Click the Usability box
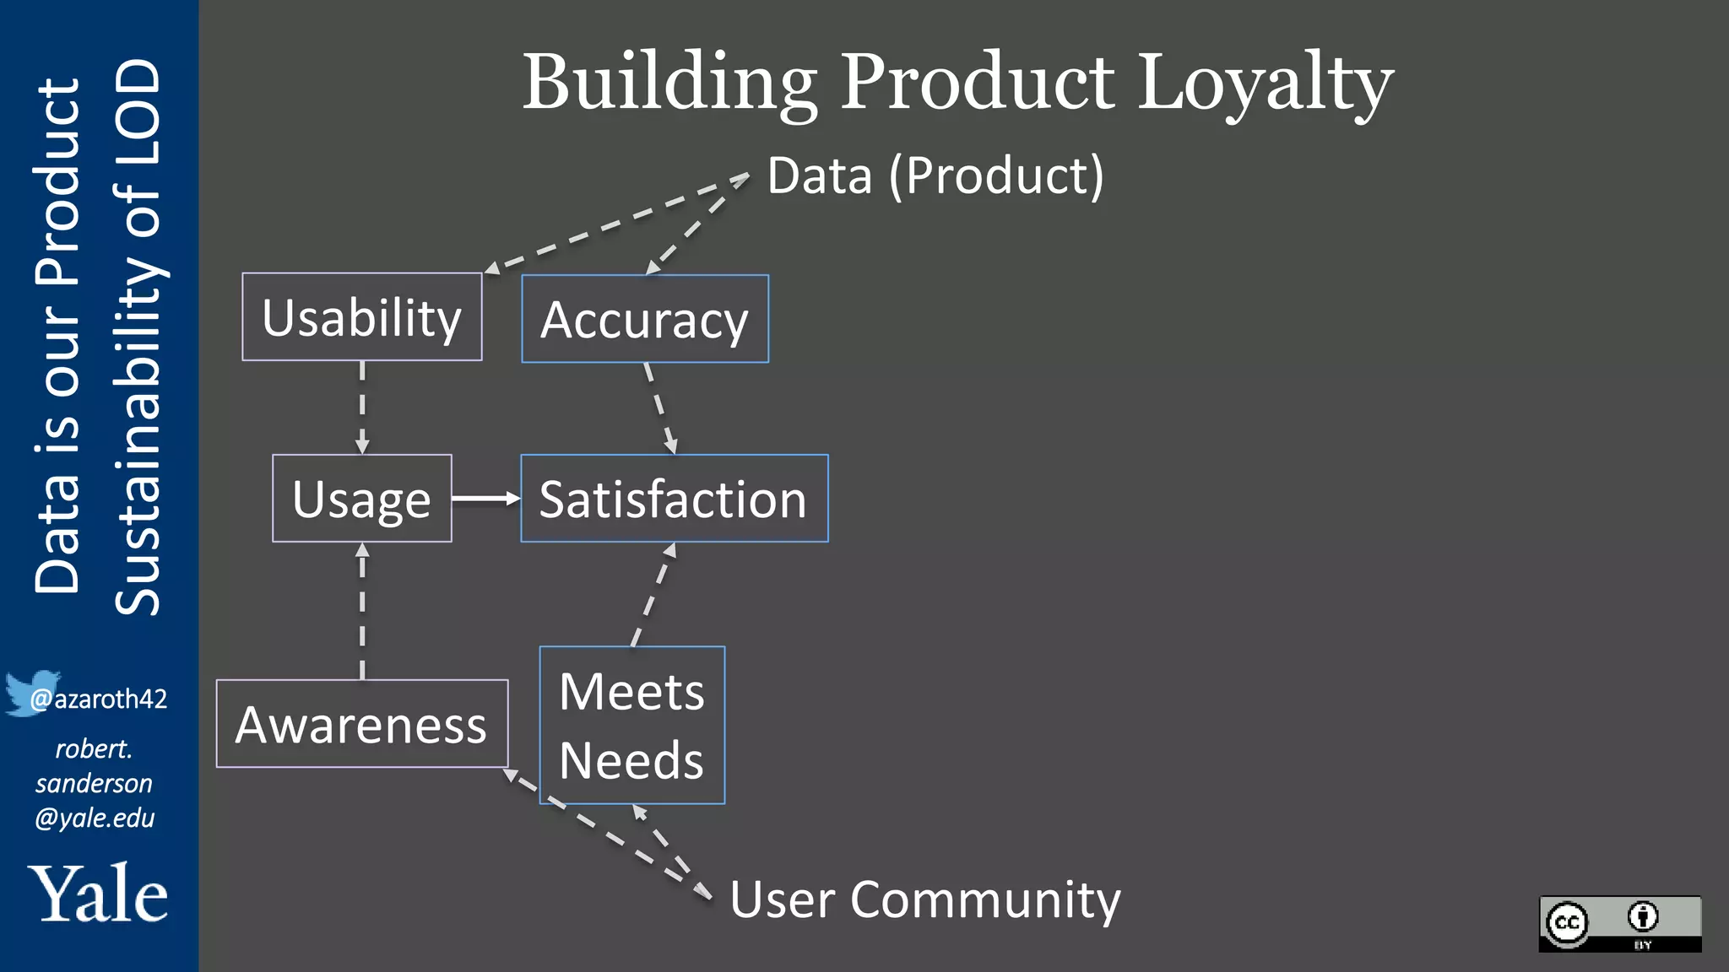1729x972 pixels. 361,317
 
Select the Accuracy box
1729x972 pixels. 645,319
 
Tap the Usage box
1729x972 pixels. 361,499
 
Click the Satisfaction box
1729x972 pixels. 674,499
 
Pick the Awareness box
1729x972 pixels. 361,724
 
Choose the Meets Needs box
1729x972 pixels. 631,726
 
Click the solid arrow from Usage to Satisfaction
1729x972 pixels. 485,499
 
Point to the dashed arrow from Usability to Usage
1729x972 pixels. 362,408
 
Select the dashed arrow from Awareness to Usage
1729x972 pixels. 362,611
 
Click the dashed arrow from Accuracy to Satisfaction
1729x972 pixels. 660,408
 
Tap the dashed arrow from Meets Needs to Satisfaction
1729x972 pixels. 653,594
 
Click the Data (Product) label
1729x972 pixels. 935,175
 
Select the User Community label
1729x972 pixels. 924,899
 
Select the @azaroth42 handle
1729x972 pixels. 99,699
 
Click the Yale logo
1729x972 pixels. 98,894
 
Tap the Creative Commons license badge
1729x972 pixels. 1619,924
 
